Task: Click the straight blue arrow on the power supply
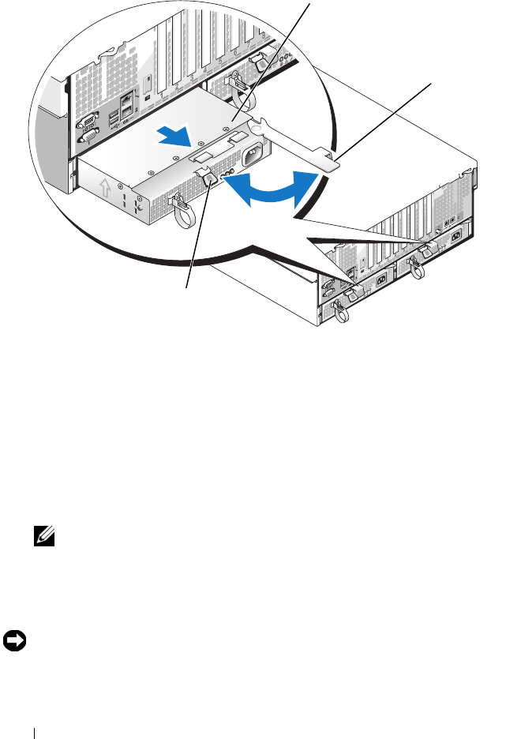click(x=177, y=137)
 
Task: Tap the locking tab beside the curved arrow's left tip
click(x=210, y=181)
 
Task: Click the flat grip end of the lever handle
click(x=330, y=162)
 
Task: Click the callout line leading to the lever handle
click(x=387, y=118)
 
